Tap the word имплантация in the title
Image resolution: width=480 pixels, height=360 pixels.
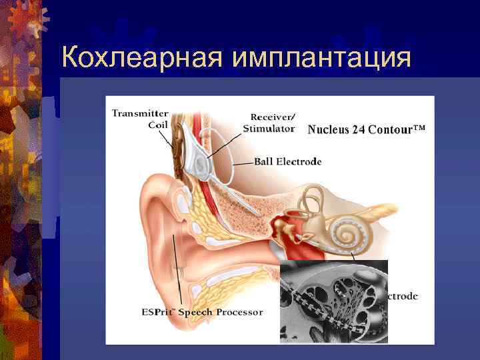click(322, 59)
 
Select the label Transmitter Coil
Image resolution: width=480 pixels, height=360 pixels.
click(140, 119)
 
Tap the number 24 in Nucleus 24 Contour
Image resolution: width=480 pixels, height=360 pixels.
click(366, 129)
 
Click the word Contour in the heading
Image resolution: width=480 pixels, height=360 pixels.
click(397, 129)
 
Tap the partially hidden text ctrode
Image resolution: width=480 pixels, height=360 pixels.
click(403, 296)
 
